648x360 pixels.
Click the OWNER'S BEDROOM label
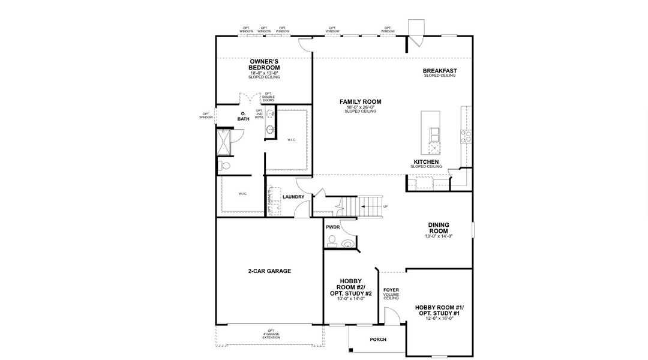pyautogui.click(x=265, y=65)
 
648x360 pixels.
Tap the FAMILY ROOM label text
pyautogui.click(x=360, y=102)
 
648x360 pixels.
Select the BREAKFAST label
pyautogui.click(x=439, y=71)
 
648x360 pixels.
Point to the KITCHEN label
pyautogui.click(x=426, y=162)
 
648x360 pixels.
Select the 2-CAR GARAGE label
pyautogui.click(x=269, y=271)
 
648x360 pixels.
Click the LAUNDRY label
pyautogui.click(x=293, y=197)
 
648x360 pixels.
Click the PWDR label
pyautogui.click(x=332, y=227)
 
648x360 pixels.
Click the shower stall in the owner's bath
pyautogui.click(x=224, y=143)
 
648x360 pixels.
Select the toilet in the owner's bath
pyautogui.click(x=224, y=165)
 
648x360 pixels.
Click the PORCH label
pyautogui.click(x=378, y=340)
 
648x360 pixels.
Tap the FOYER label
pyautogui.click(x=391, y=290)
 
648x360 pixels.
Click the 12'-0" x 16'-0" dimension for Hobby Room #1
pyautogui.click(x=439, y=319)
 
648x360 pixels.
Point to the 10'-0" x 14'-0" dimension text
pyautogui.click(x=350, y=298)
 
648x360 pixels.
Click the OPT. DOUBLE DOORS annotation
pyautogui.click(x=268, y=97)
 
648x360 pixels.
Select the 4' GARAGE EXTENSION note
pyautogui.click(x=271, y=334)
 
